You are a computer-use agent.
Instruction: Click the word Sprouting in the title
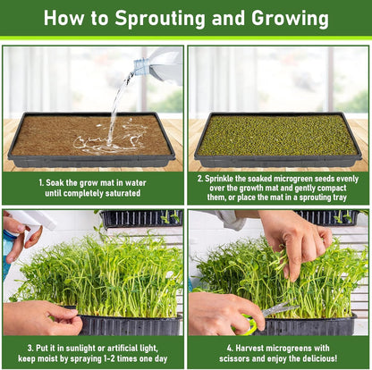160,19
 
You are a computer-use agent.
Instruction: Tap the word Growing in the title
290,19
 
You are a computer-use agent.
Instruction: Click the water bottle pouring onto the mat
158,65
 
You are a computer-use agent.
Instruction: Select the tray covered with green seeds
278,139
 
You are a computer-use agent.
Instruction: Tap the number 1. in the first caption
41,182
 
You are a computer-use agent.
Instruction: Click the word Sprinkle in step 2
218,179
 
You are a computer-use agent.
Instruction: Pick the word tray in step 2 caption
340,198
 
